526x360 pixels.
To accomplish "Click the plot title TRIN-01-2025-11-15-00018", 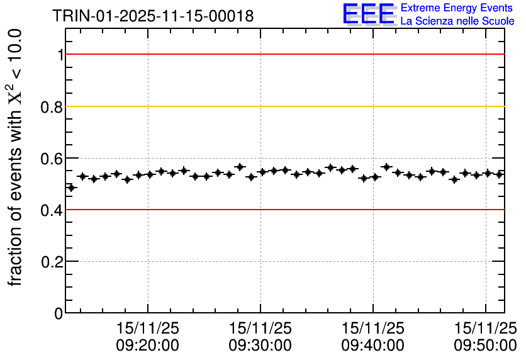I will pos(154,16).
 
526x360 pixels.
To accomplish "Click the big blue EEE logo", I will pos(369,14).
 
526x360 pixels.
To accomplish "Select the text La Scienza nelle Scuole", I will pos(457,21).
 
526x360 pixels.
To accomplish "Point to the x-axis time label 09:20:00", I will pos(148,345).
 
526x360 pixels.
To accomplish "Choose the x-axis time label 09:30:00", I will pos(260,345).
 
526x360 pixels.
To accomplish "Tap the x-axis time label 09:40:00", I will pos(373,345).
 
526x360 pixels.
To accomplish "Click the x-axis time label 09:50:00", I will pos(486,345).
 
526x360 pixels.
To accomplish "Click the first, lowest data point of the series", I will pos(71,188).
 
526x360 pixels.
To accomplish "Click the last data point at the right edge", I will pos(500,174).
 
